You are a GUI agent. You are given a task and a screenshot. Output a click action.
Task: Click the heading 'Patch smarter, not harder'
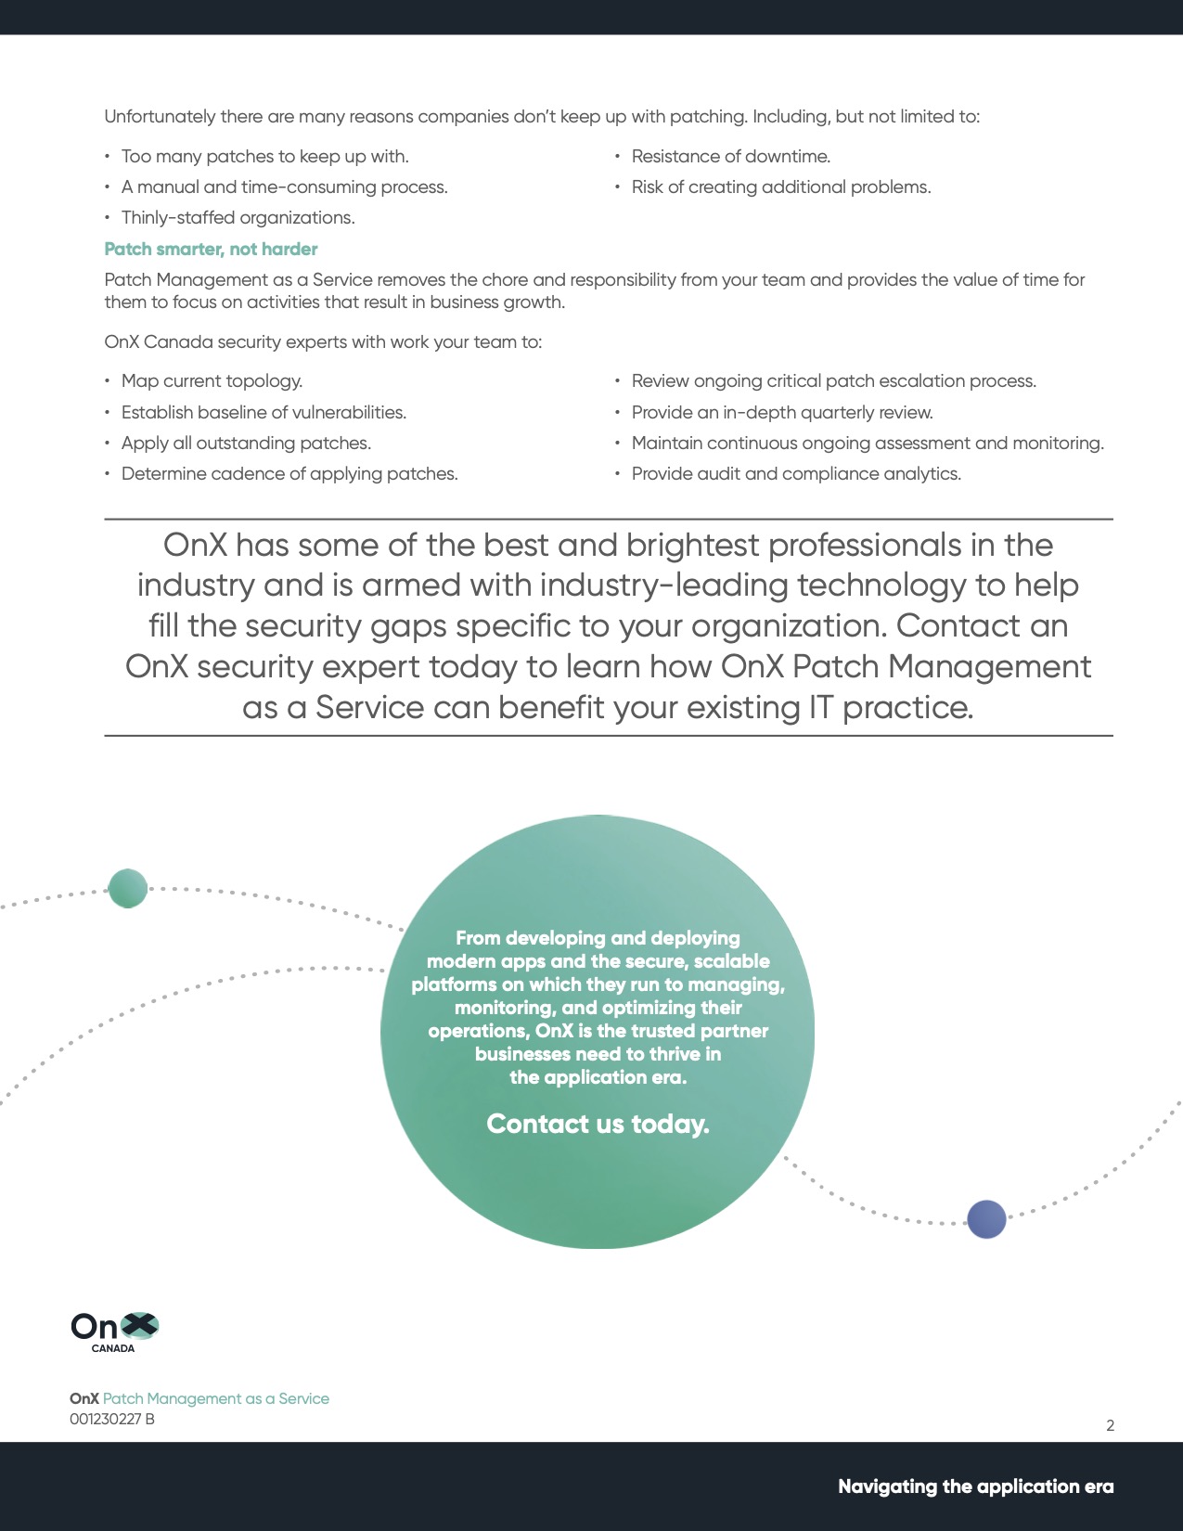pos(211,249)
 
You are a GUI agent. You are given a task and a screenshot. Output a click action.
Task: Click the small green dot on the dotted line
pos(128,888)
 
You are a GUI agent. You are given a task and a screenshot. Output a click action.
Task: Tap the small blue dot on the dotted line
pos(986,1219)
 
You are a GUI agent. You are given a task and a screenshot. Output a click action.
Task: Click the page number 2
pos(1110,1425)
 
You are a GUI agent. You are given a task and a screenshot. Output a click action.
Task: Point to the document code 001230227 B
pos(112,1419)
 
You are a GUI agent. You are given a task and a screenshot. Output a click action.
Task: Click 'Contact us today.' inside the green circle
pos(598,1124)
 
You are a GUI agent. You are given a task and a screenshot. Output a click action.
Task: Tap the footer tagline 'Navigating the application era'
pos(975,1486)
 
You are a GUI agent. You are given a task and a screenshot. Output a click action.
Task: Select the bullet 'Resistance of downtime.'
pos(730,156)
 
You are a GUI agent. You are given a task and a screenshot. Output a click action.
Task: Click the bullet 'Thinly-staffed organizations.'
pos(238,217)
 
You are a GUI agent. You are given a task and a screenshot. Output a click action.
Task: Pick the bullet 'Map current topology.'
pos(212,380)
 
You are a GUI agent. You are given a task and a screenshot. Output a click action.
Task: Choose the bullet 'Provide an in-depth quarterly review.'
pos(782,412)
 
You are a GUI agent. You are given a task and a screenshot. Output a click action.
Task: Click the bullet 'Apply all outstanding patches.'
pos(246,443)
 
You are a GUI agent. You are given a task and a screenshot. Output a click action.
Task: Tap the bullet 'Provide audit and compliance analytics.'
pos(796,473)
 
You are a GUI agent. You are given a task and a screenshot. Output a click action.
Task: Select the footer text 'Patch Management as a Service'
pos(215,1398)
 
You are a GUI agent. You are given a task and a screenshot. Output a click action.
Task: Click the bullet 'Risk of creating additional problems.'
pos(780,187)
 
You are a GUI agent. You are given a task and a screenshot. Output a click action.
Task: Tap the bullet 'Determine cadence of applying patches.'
pos(289,473)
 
